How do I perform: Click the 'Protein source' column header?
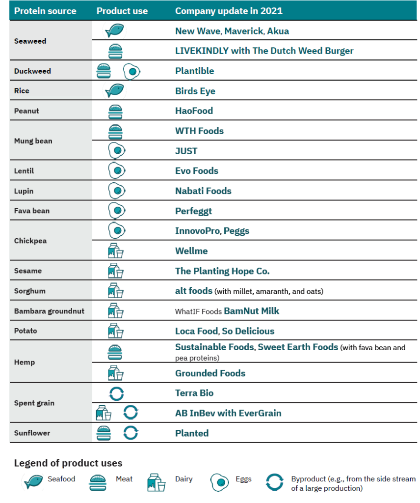tap(45, 11)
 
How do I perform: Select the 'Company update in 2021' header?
tap(229, 11)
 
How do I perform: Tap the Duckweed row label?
tap(32, 71)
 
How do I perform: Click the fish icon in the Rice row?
tap(114, 90)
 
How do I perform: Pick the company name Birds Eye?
tap(195, 91)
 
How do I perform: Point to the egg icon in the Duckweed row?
tap(131, 71)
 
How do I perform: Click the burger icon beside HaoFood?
tap(115, 112)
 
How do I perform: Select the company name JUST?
tap(186, 151)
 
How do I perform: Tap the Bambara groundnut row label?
tap(50, 311)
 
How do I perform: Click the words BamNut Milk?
tap(252, 311)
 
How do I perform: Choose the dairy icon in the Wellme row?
tap(116, 251)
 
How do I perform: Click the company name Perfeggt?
tap(193, 211)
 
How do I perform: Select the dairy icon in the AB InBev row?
tap(104, 413)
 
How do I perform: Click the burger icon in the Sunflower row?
tap(104, 433)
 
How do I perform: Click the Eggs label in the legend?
tap(243, 479)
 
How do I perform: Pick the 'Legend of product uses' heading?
tap(68, 463)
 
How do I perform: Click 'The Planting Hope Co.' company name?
tap(222, 271)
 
